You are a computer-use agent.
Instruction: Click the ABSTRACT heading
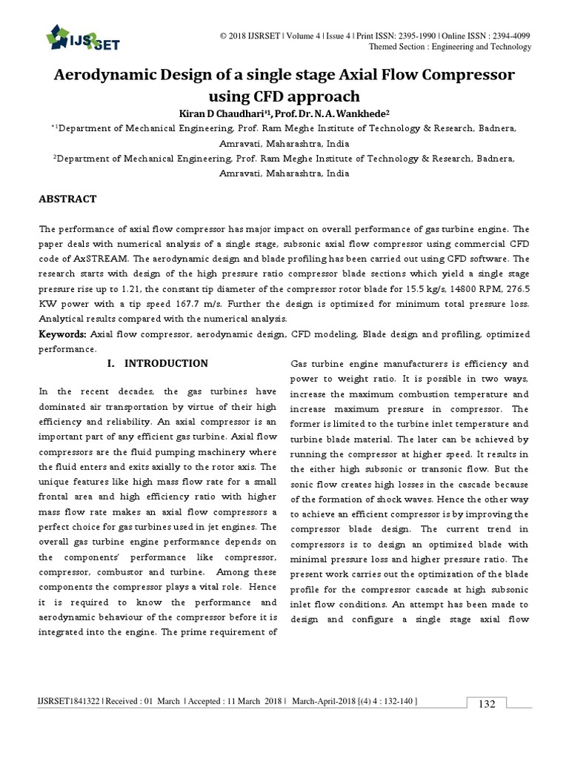click(x=67, y=199)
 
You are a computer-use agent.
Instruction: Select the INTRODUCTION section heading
click(x=166, y=363)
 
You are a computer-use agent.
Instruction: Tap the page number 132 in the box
click(x=486, y=704)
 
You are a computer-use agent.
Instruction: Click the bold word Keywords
click(x=62, y=334)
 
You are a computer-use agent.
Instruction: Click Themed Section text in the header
click(x=399, y=47)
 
